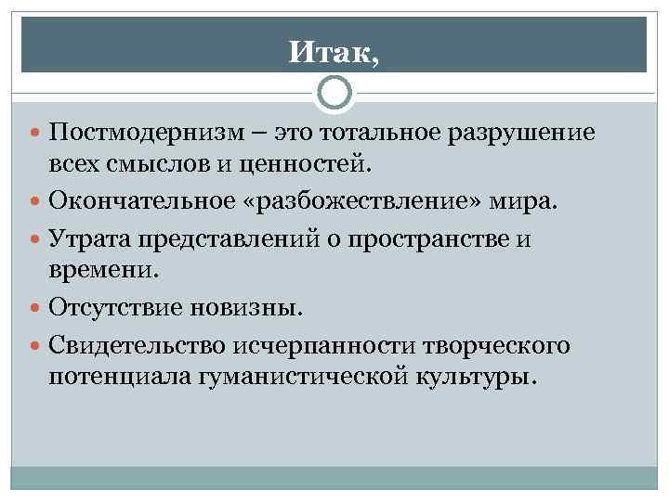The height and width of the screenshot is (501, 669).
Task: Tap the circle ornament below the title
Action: [x=334, y=94]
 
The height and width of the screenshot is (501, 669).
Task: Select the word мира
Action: [x=527, y=200]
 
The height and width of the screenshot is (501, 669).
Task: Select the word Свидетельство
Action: [x=144, y=344]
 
